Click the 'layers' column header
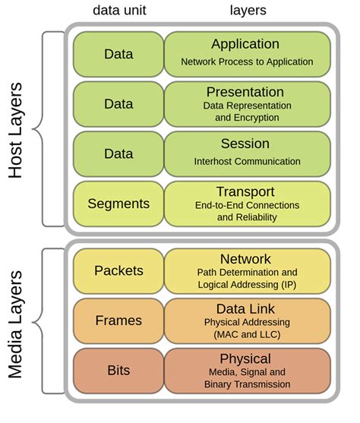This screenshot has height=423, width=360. (x=247, y=11)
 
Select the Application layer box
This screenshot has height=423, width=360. (x=247, y=52)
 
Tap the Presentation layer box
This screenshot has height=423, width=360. (x=247, y=103)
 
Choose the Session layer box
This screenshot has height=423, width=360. (x=247, y=153)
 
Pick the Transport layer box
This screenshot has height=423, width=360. (x=247, y=203)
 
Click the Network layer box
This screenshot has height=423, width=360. (x=247, y=270)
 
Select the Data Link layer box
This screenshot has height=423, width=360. (x=247, y=320)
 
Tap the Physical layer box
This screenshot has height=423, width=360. (x=247, y=370)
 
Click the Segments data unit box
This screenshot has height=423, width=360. (x=118, y=203)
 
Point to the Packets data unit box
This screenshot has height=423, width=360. (x=118, y=270)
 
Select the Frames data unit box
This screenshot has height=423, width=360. (x=118, y=320)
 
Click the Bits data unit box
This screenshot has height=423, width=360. (x=118, y=370)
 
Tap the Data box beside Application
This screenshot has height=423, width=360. (x=118, y=53)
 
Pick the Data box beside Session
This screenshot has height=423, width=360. (x=118, y=153)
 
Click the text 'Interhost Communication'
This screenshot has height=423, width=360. (x=247, y=161)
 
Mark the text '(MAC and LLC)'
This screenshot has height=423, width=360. (x=247, y=334)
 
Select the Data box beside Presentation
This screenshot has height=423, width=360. (x=118, y=103)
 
